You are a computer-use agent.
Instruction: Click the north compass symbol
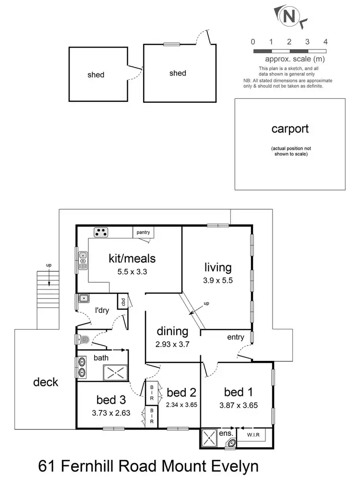click(289, 16)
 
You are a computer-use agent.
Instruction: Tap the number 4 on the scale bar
click(325, 42)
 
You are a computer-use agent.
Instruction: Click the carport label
click(290, 129)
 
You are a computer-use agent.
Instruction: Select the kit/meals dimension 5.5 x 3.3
click(132, 271)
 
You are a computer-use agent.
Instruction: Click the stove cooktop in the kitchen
click(101, 232)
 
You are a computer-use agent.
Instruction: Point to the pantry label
click(143, 232)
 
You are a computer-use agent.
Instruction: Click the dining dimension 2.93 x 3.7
click(172, 344)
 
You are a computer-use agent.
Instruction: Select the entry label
click(236, 337)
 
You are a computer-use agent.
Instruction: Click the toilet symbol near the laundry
click(83, 340)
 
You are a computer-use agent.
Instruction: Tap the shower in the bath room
click(114, 372)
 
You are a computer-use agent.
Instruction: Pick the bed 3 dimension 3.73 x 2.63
click(110, 412)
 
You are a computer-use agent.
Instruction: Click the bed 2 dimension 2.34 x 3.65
click(182, 404)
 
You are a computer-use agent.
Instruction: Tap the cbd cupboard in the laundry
click(123, 302)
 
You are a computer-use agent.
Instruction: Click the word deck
click(46, 382)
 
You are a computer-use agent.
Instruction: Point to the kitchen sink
click(83, 260)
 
